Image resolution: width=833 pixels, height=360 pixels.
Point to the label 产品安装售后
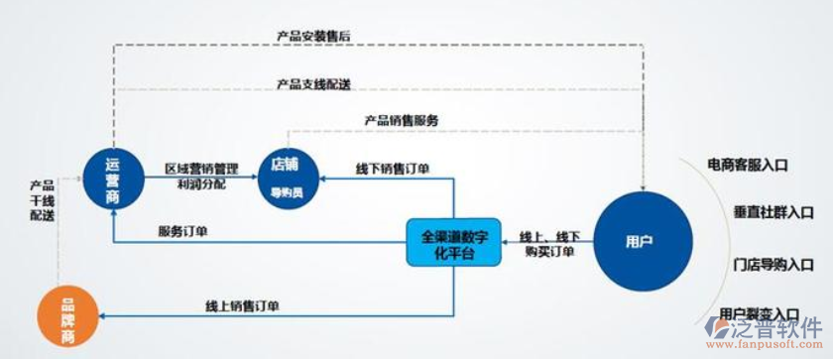[x=312, y=36]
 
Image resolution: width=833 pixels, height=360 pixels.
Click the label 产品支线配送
[x=312, y=83]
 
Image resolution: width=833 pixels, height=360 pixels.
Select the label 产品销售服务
[x=401, y=120]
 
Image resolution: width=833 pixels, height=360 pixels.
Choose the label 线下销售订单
[x=392, y=169]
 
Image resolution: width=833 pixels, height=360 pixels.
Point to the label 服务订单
[x=182, y=232]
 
